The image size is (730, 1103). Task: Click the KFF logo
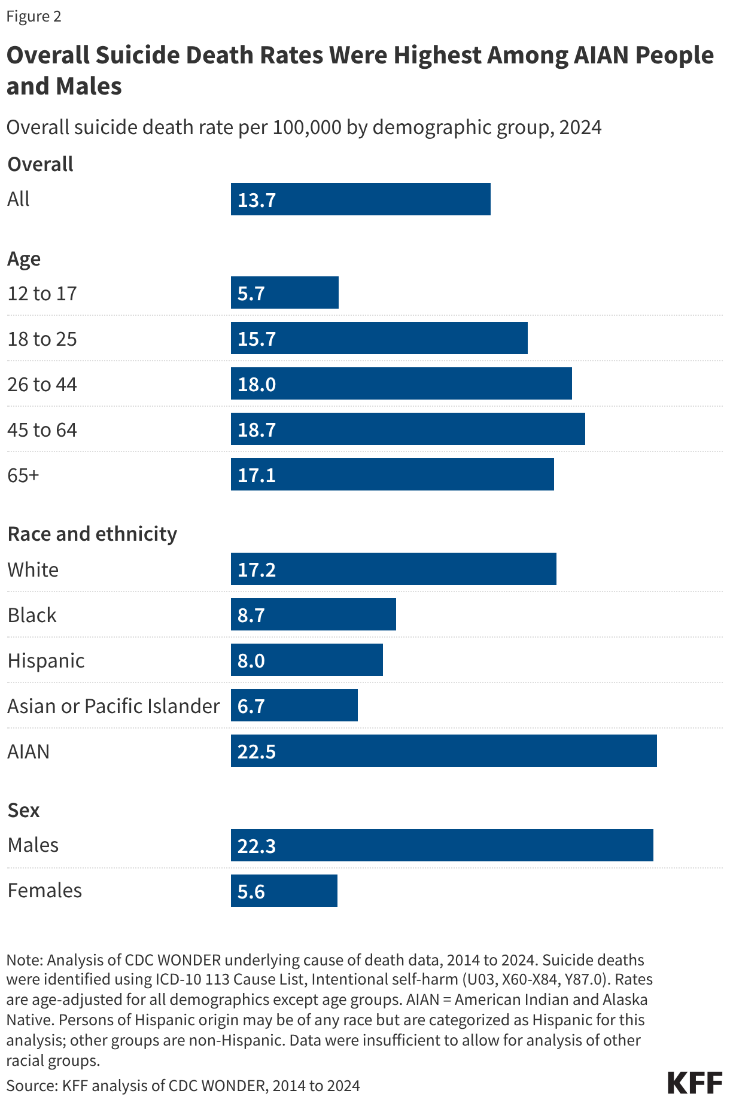(695, 1083)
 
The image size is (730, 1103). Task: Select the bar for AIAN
(443, 751)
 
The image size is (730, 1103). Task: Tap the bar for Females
(284, 891)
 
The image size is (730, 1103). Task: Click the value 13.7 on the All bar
(257, 200)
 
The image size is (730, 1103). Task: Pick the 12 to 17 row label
(42, 294)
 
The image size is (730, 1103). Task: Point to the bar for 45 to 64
(407, 429)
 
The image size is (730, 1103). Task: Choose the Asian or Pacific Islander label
(113, 706)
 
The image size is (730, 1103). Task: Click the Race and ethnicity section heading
(92, 534)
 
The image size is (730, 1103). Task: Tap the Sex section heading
(23, 810)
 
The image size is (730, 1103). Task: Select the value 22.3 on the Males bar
(257, 846)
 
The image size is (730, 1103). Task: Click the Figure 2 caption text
(34, 16)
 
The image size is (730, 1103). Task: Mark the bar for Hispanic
(306, 660)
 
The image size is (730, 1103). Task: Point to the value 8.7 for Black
(251, 615)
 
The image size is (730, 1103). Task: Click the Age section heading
(24, 259)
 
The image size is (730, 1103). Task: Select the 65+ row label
(23, 475)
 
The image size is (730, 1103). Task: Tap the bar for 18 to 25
(379, 338)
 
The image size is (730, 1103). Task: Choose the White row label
(33, 569)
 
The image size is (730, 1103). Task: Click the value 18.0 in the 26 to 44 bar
(257, 384)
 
